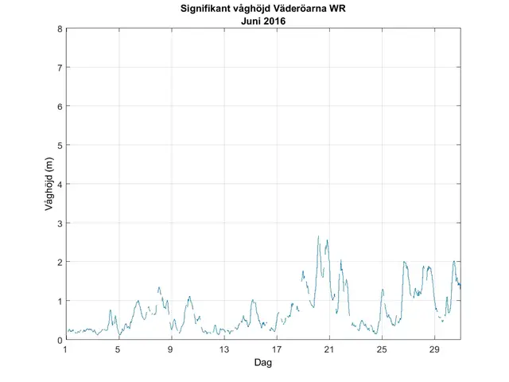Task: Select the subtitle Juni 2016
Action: [x=263, y=21]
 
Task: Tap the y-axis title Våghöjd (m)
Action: [x=49, y=185]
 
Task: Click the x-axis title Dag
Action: [x=263, y=363]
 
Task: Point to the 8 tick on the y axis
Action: [x=60, y=29]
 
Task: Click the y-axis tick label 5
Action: [x=60, y=146]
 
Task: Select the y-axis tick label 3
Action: [x=60, y=224]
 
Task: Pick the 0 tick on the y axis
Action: [x=60, y=340]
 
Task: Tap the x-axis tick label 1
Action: [x=66, y=349]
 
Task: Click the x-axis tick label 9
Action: [x=171, y=349]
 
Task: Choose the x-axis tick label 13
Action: [x=223, y=349]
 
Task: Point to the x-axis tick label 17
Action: [x=276, y=349]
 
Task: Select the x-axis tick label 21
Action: [x=328, y=349]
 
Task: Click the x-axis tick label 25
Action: [x=382, y=349]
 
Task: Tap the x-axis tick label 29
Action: [x=434, y=349]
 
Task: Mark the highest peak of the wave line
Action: [x=318, y=236]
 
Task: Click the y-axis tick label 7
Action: [x=60, y=68]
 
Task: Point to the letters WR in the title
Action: [x=346, y=10]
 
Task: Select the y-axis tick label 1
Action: [x=60, y=301]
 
